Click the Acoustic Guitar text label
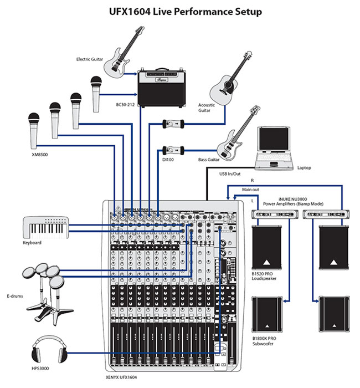coord(207,107)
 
